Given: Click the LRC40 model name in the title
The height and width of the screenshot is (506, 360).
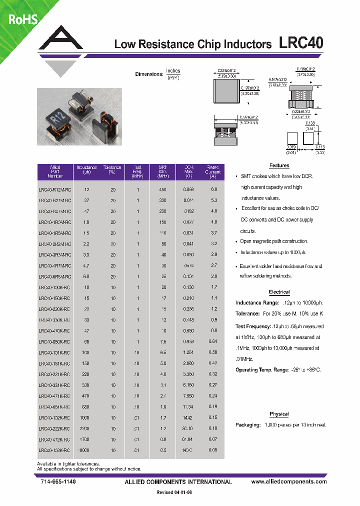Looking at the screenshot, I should tap(300, 43).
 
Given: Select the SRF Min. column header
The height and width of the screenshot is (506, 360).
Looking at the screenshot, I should tap(163, 171).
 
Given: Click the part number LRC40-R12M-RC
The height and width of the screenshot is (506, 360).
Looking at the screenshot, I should tap(54, 190).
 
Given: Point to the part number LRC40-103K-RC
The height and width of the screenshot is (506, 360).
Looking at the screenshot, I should tap(54, 450).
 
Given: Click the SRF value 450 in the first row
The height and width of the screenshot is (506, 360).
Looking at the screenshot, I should tap(163, 190).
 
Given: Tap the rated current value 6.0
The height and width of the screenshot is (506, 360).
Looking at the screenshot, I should tap(214, 190).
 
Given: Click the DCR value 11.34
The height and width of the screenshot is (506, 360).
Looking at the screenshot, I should tap(188, 407).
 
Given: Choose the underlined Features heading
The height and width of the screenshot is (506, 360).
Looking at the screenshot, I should tap(279, 165).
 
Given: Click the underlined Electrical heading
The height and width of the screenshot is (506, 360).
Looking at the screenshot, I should tap(279, 292).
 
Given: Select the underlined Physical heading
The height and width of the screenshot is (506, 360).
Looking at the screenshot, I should tap(279, 414).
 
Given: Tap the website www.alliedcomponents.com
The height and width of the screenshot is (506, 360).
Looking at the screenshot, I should tap(288, 481).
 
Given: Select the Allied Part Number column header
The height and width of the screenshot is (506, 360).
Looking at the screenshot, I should tap(55, 171).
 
